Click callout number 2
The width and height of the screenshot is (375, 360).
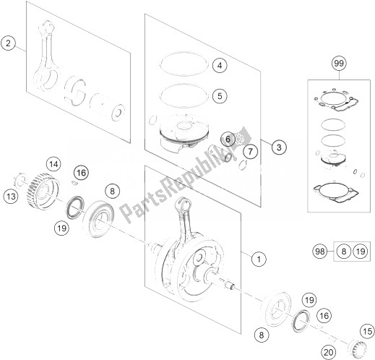(x=9, y=43)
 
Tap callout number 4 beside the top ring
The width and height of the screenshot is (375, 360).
(x=220, y=65)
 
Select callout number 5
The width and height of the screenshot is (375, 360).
(x=220, y=96)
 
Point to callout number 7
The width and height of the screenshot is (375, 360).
(x=251, y=152)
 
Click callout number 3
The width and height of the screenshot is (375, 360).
(x=279, y=147)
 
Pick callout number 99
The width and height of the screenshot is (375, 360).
(x=339, y=64)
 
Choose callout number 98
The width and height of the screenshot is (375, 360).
(x=320, y=252)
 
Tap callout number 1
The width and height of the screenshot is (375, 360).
(x=259, y=260)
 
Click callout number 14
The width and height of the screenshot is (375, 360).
(x=53, y=164)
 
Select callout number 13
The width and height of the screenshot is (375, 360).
(x=11, y=197)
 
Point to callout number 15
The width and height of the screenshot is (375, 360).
(x=368, y=332)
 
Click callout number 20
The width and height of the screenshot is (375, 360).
(x=328, y=353)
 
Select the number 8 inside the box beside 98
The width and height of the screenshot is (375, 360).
(x=344, y=252)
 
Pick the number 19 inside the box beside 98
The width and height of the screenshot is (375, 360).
(x=361, y=252)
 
